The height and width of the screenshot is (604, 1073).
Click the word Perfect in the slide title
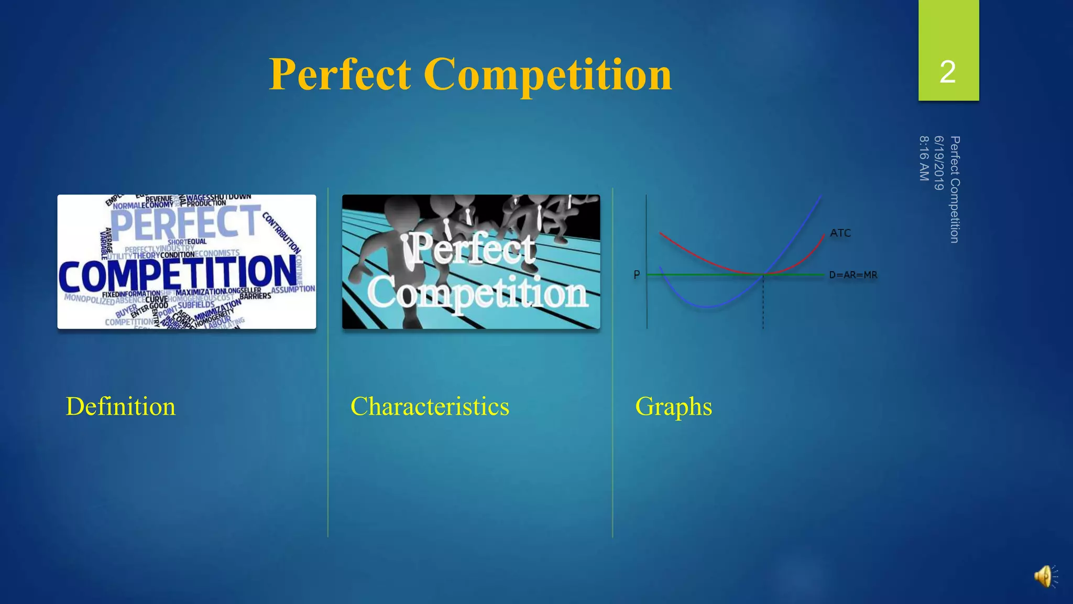point(340,74)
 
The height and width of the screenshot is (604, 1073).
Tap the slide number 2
point(948,72)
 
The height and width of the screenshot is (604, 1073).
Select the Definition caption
point(121,406)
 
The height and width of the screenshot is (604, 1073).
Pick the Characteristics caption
point(430,406)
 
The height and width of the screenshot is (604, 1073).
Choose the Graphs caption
point(673,406)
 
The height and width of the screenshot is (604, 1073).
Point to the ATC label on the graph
point(840,233)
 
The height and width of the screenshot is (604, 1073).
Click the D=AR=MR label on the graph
point(853,275)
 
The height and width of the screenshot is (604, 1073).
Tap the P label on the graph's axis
point(637,275)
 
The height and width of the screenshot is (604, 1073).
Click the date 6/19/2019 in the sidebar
point(939,163)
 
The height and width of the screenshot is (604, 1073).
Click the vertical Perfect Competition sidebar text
point(955,189)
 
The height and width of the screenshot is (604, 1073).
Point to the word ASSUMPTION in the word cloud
point(293,289)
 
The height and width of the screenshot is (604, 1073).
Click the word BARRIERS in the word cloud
point(255,296)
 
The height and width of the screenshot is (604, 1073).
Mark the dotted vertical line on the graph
point(763,304)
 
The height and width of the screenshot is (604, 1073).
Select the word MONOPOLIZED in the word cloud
point(90,299)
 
